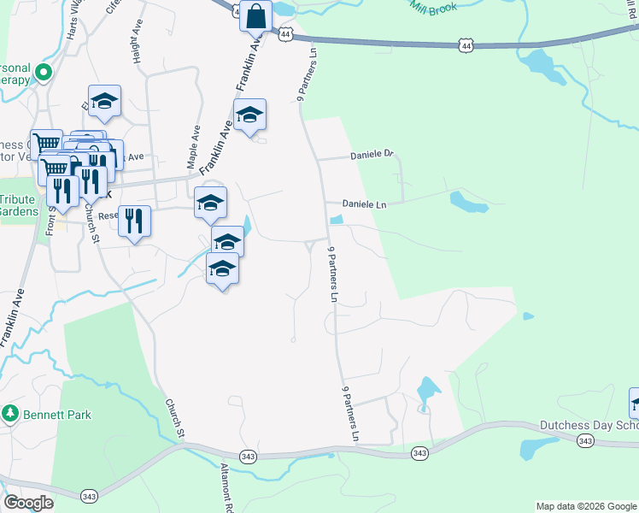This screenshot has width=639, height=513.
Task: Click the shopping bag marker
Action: click(256, 15)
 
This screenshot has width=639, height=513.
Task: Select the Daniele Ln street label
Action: click(365, 205)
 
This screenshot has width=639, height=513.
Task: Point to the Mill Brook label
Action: click(432, 9)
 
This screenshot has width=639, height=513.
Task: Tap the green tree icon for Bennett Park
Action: click(10, 414)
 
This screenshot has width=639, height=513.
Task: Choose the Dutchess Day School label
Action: click(589, 425)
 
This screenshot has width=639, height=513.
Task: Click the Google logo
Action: click(29, 503)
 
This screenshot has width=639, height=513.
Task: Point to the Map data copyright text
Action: click(585, 506)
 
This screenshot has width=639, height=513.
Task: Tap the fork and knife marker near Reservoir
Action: click(134, 221)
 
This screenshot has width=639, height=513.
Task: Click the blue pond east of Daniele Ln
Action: click(469, 203)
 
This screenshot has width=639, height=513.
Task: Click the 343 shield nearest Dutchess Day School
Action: click(584, 441)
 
